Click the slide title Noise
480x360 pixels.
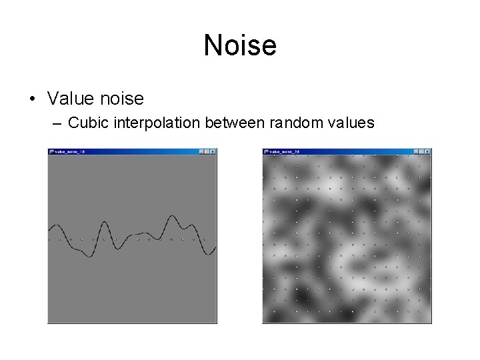pyautogui.click(x=240, y=45)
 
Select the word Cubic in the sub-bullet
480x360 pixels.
pyautogui.click(x=83, y=123)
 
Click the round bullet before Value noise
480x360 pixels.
pyautogui.click(x=31, y=99)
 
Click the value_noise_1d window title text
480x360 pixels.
pyautogui.click(x=70, y=151)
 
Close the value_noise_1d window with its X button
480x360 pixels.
pyautogui.click(x=213, y=151)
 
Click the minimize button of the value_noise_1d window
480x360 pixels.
pyautogui.click(x=201, y=151)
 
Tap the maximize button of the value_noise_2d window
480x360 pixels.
pyautogui.click(x=421, y=151)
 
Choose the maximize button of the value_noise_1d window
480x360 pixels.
pyautogui.click(x=207, y=151)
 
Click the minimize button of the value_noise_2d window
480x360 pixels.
pyautogui.click(x=415, y=151)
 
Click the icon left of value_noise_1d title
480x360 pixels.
pyautogui.click(x=51, y=151)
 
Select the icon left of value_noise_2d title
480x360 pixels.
pyautogui.click(x=266, y=151)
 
